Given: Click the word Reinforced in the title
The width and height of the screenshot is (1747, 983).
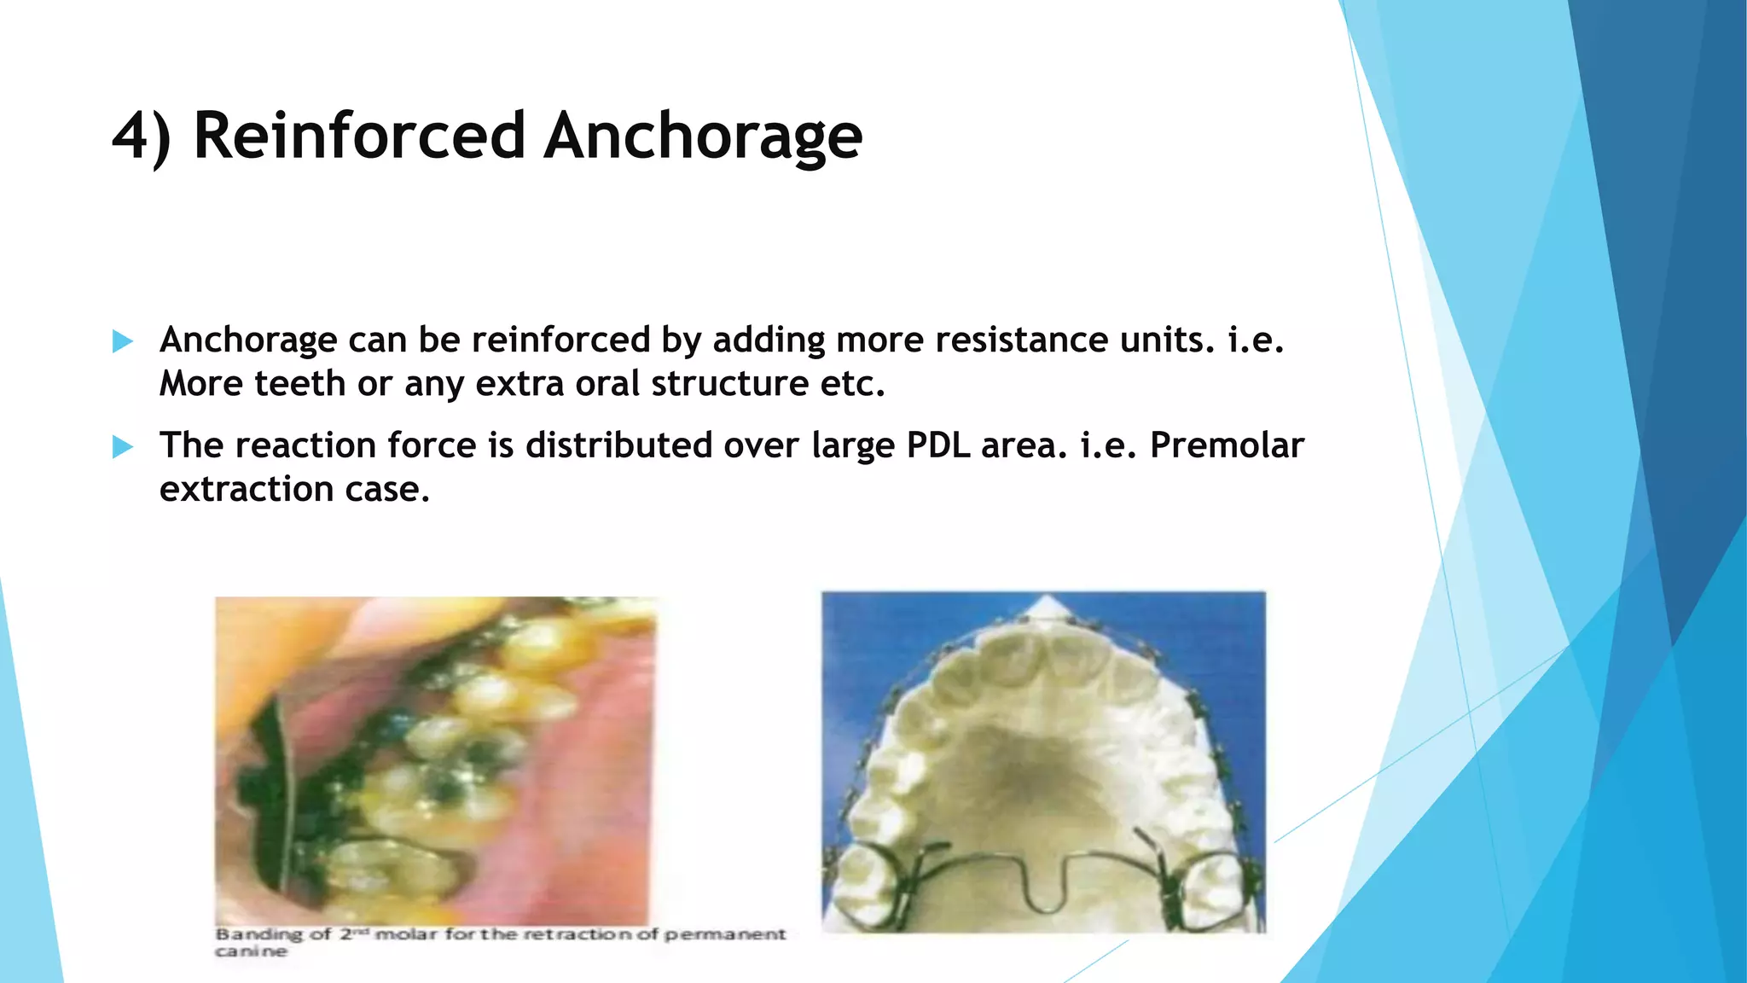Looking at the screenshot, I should tap(358, 137).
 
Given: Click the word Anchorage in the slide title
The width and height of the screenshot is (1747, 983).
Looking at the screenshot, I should tap(703, 137).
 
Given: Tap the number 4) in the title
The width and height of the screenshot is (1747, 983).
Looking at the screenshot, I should tap(142, 137).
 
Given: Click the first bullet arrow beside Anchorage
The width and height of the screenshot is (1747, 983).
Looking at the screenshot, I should tap(123, 342).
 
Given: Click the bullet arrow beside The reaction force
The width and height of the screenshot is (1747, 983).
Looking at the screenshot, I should tap(123, 447).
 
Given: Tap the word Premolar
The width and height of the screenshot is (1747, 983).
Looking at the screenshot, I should tap(1227, 445).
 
